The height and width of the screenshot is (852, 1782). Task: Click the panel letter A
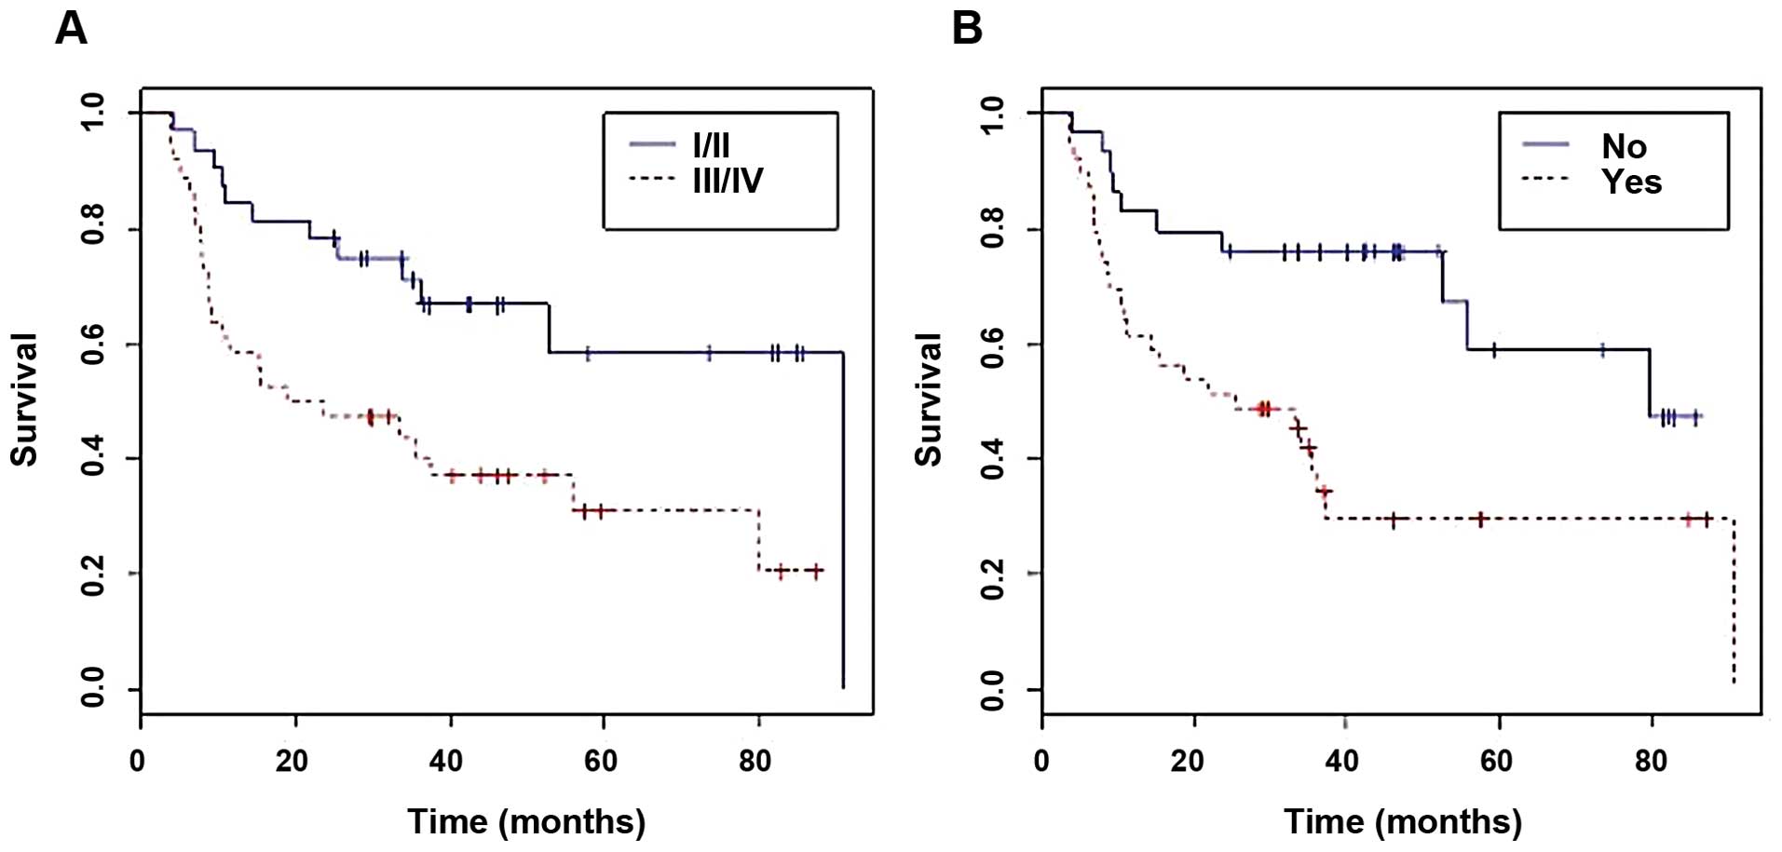(71, 28)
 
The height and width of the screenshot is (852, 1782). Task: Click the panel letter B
(967, 28)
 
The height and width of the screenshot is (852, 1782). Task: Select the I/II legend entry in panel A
(711, 145)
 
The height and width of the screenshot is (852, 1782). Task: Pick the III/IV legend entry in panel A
(728, 180)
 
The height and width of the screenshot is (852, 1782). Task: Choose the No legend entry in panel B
(1624, 146)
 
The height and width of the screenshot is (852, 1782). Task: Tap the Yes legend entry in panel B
(1631, 182)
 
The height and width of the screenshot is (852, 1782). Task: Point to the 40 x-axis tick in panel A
(446, 762)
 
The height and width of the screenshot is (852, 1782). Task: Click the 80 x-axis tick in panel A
(755, 762)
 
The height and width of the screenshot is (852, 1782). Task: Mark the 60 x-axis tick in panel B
(1496, 762)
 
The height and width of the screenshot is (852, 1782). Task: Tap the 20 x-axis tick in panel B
(1188, 762)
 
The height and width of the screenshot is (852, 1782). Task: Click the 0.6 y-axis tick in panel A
(93, 345)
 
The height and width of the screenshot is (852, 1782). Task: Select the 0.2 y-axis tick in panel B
(993, 574)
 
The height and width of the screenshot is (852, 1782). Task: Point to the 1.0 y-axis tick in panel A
(93, 113)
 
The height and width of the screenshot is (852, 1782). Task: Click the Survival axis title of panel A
(24, 399)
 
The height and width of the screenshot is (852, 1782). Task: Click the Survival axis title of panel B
(928, 399)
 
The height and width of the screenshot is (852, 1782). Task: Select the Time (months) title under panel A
(526, 821)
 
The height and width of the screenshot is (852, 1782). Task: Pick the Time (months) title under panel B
(1403, 821)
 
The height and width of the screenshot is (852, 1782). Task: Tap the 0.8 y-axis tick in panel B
(993, 229)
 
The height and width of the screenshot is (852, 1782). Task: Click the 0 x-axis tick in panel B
(1041, 762)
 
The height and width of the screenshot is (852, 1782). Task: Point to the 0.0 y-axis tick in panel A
(93, 689)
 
